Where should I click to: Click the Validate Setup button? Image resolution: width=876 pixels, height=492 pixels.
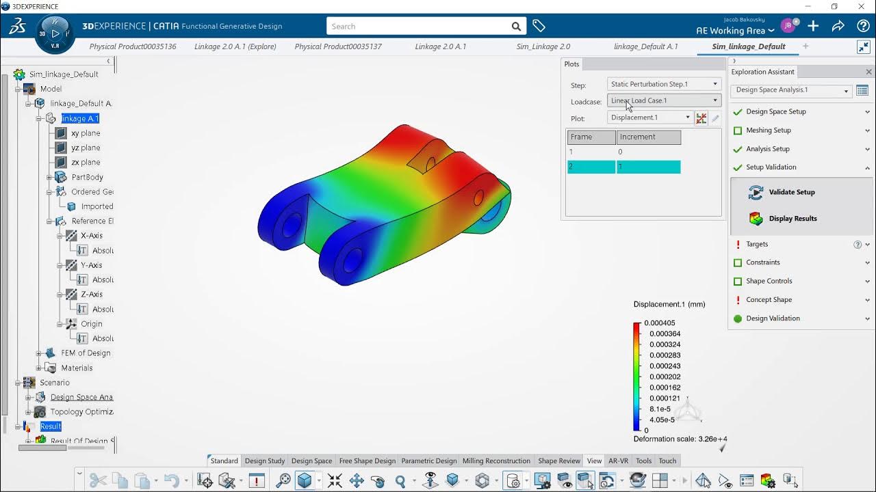tap(791, 192)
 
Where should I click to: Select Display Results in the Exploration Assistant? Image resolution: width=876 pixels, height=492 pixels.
tap(793, 219)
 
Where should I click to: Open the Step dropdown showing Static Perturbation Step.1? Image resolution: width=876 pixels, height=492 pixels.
tap(663, 84)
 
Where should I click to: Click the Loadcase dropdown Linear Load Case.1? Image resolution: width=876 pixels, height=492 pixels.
tap(663, 100)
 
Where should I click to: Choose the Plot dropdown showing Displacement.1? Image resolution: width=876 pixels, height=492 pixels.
tap(649, 118)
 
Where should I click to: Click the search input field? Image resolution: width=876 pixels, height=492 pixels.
tap(420, 26)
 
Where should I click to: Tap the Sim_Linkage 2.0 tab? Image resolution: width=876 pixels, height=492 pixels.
tap(543, 46)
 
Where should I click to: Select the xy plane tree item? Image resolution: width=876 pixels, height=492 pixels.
tap(86, 133)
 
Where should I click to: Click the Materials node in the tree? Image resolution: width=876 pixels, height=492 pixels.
tap(77, 368)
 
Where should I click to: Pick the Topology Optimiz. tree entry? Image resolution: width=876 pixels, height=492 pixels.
tap(81, 412)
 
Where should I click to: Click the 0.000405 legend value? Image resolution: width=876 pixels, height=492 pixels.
tap(660, 323)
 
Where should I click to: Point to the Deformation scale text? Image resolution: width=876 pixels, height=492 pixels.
tap(680, 439)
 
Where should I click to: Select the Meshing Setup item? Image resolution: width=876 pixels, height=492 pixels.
tap(768, 131)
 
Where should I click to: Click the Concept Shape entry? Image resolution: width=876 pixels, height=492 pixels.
tap(769, 300)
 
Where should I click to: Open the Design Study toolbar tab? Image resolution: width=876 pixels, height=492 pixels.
tap(265, 461)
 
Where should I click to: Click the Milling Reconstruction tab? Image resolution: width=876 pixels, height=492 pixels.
tap(495, 461)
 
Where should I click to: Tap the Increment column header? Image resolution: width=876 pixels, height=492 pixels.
tap(647, 137)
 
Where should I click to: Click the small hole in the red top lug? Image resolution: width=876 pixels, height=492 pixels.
tap(430, 164)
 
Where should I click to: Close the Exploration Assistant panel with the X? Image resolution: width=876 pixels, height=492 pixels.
tap(868, 72)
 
